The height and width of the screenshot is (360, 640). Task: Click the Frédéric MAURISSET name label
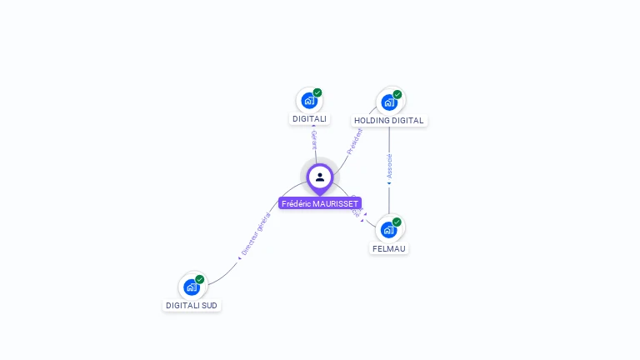pyautogui.click(x=320, y=203)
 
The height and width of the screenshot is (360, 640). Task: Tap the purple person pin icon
pyautogui.click(x=320, y=177)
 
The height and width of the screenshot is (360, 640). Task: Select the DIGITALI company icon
pyautogui.click(x=309, y=101)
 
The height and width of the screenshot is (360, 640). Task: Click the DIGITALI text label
pyautogui.click(x=309, y=119)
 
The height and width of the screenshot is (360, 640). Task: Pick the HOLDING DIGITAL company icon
pyautogui.click(x=389, y=102)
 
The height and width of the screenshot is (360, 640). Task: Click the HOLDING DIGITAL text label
pyautogui.click(x=389, y=120)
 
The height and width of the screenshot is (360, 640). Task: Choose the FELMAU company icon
pyautogui.click(x=389, y=229)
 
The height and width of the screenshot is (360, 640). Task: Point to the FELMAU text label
pyautogui.click(x=389, y=248)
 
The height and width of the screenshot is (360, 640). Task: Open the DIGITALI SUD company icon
pyautogui.click(x=192, y=287)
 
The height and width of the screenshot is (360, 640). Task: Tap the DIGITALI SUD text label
pyautogui.click(x=192, y=306)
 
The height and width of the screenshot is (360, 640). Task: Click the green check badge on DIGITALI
pyautogui.click(x=317, y=92)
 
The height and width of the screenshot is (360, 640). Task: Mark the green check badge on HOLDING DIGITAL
pyautogui.click(x=397, y=94)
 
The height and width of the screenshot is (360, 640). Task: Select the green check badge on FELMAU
pyautogui.click(x=397, y=222)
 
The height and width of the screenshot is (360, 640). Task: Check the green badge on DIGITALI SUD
pyautogui.click(x=200, y=279)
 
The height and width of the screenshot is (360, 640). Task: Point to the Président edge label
pyautogui.click(x=355, y=140)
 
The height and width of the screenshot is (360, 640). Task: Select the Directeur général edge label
pyautogui.click(x=256, y=234)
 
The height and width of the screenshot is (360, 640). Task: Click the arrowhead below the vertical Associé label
pyautogui.click(x=389, y=182)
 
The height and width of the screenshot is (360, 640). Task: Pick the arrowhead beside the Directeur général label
pyautogui.click(x=240, y=257)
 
